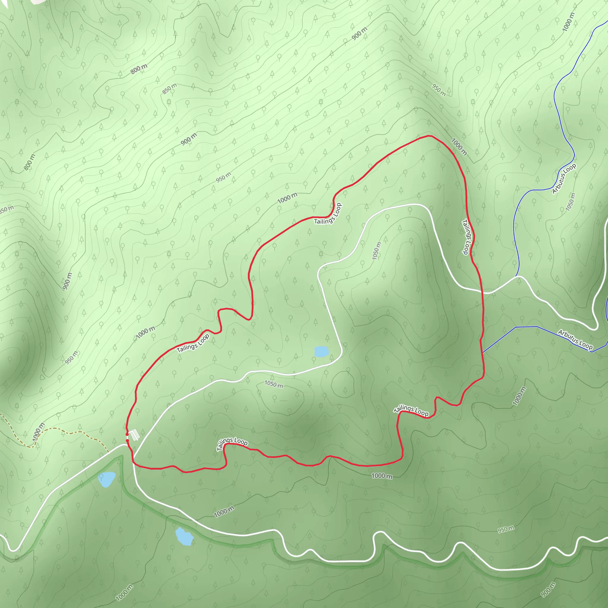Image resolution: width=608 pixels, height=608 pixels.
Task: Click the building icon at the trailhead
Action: (134, 435)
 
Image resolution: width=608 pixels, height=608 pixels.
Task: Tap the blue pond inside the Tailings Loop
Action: (321, 351)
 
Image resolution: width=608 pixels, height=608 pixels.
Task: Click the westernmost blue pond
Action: (107, 479)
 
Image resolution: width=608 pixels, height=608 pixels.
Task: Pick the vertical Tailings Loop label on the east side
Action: (467, 237)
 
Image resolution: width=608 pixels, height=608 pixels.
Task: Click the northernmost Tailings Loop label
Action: (328, 214)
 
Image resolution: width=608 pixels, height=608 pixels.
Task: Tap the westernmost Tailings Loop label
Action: (193, 344)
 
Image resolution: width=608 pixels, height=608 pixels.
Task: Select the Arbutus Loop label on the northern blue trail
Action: (564, 179)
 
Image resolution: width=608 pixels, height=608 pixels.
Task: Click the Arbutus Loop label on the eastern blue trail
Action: (575, 340)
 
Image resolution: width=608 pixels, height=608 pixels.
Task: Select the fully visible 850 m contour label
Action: (170, 89)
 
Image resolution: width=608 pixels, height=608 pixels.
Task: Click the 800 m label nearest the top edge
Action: (139, 69)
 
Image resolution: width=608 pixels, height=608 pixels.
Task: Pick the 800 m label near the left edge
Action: (29, 162)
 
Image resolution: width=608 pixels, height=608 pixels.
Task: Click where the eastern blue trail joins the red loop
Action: (482, 352)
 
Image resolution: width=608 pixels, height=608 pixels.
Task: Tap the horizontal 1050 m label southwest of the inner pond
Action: (273, 384)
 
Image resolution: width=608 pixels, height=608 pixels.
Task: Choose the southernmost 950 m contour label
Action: (506, 529)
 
